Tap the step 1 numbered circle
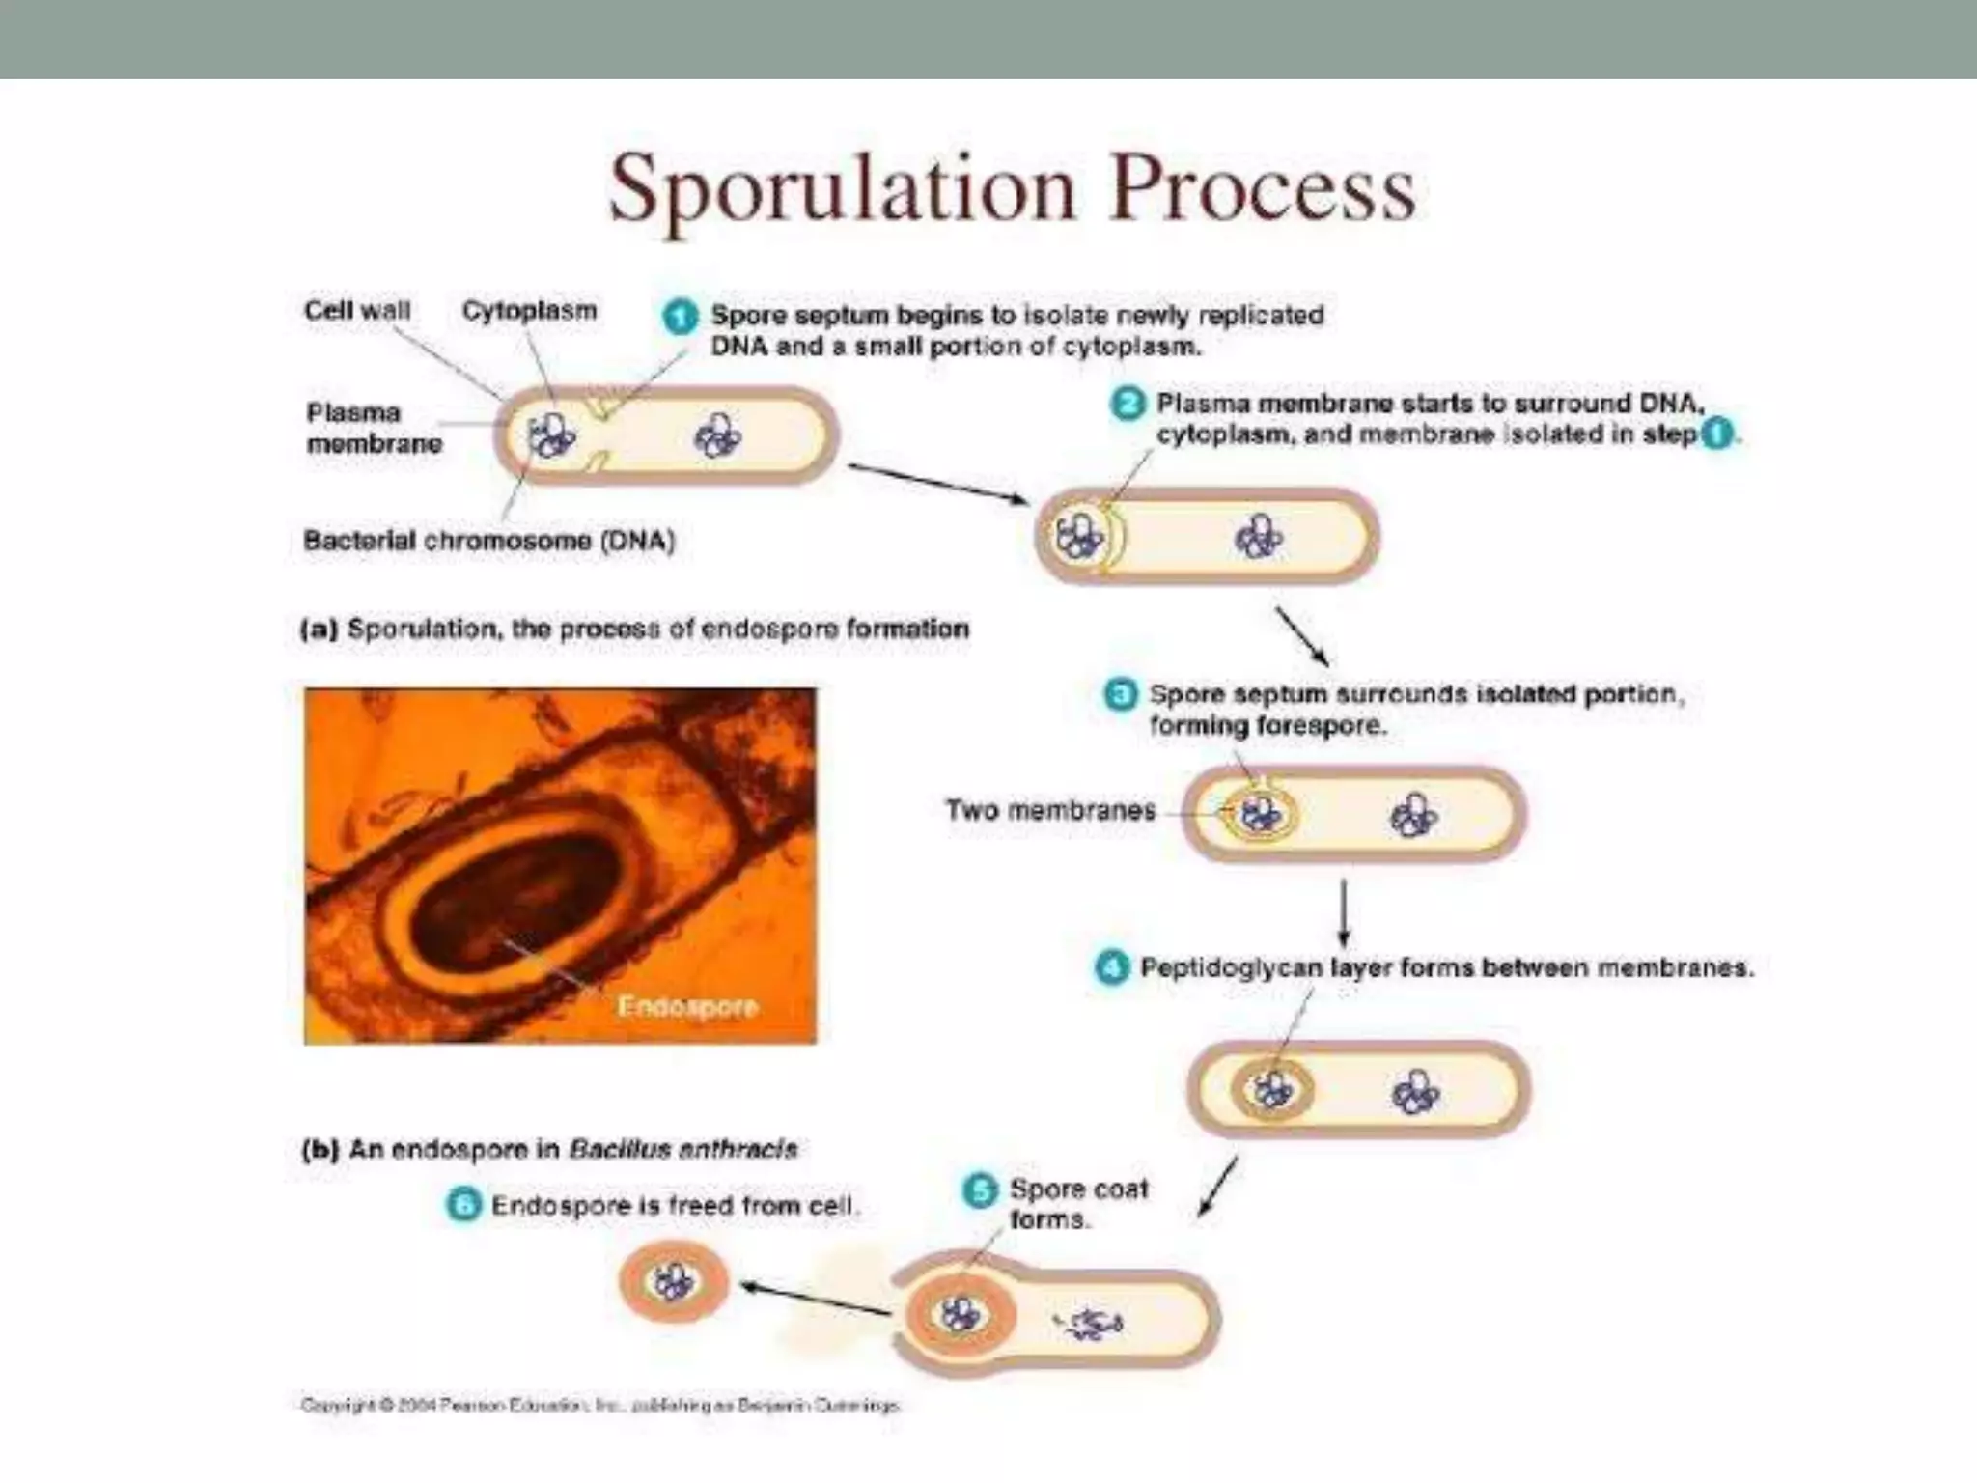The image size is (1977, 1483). pos(680,317)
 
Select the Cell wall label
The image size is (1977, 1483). pos(357,311)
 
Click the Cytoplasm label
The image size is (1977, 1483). pos(529,311)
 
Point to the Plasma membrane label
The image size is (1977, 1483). pos(373,428)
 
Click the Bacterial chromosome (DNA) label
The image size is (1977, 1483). pos(489,541)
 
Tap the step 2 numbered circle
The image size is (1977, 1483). pos(1127,404)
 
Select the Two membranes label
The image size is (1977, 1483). pos(1049,810)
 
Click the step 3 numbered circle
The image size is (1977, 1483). pos(1120,694)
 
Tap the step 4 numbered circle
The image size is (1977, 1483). pos(1111,967)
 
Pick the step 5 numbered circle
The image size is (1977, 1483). pos(980,1189)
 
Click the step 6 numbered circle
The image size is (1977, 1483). pos(463,1205)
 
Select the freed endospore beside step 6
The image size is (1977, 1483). pos(673,1282)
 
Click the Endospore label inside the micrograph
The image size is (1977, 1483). pos(686,1007)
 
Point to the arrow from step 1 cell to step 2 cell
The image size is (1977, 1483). pos(936,482)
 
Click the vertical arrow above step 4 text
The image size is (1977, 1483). pos(1344,911)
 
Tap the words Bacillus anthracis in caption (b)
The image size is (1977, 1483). pos(682,1149)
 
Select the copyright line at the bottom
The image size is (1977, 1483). pos(599,1405)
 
